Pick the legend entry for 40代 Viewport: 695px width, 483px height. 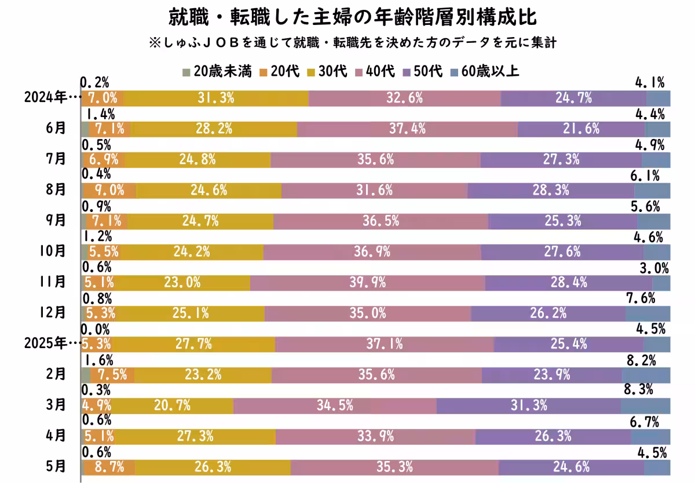tap(375, 71)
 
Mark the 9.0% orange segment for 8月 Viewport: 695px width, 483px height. tap(109, 191)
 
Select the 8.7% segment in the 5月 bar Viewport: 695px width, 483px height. tap(109, 467)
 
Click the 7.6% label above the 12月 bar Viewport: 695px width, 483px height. tap(641, 298)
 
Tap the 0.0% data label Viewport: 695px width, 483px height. tap(94, 329)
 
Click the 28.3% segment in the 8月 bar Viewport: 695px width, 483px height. tap(550, 191)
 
